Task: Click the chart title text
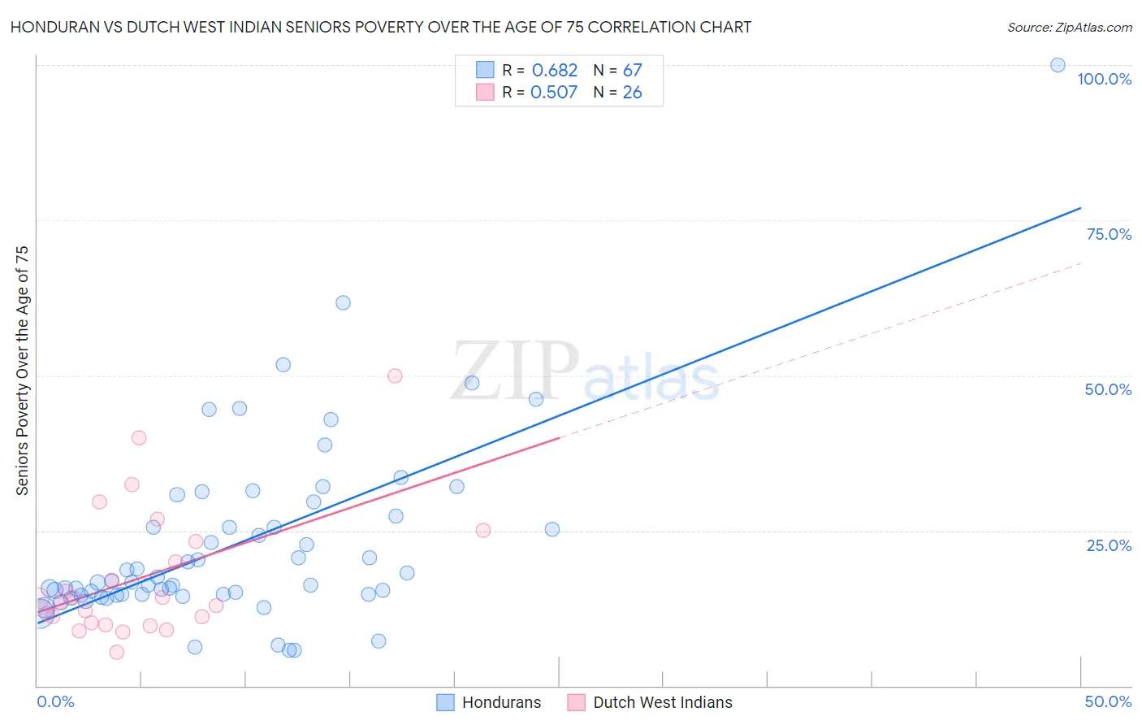(381, 27)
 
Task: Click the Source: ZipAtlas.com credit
(1069, 27)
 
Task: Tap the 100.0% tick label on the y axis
(1104, 79)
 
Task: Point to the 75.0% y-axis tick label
(1109, 234)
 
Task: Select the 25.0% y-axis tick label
(1109, 545)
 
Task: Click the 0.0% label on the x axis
(55, 701)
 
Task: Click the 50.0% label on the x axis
(1108, 701)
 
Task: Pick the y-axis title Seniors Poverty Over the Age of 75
(22, 370)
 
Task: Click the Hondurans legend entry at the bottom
(489, 702)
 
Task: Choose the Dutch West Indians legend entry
(651, 702)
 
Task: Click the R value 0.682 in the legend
(555, 71)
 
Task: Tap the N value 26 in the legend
(632, 93)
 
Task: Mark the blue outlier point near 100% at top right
(1058, 65)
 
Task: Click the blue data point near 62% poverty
(343, 302)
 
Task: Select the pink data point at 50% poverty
(395, 376)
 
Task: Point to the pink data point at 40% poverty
(139, 437)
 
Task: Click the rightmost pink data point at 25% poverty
(482, 530)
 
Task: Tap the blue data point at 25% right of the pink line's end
(552, 529)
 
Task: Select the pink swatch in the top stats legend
(485, 92)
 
